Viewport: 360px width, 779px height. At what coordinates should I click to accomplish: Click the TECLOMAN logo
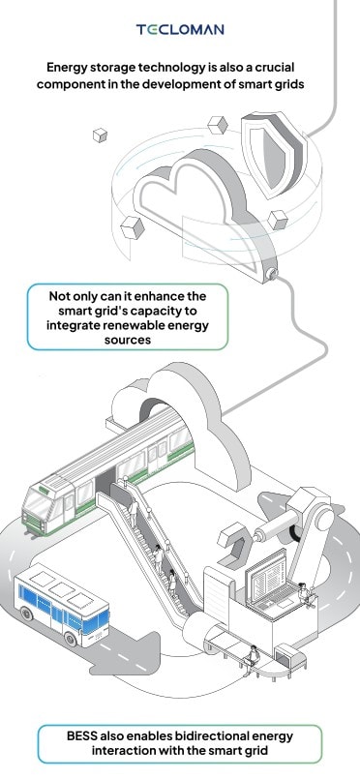coord(180,30)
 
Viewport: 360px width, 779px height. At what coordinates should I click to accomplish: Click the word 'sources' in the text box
coord(128,341)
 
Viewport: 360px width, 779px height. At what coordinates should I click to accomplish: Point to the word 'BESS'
coord(82,735)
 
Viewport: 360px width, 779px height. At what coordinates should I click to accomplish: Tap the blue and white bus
coord(62,605)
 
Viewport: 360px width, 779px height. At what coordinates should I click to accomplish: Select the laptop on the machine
coord(272,583)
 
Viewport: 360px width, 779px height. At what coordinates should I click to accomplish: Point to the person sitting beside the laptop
coord(306,594)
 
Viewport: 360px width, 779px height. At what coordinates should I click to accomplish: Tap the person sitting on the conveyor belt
coord(253,656)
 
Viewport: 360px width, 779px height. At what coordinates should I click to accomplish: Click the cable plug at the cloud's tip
coord(271,272)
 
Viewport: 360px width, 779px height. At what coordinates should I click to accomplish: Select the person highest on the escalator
coord(135,511)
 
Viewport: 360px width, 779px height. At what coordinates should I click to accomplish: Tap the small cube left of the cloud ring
coord(101,135)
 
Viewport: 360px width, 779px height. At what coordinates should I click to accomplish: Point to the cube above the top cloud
coord(218,125)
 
